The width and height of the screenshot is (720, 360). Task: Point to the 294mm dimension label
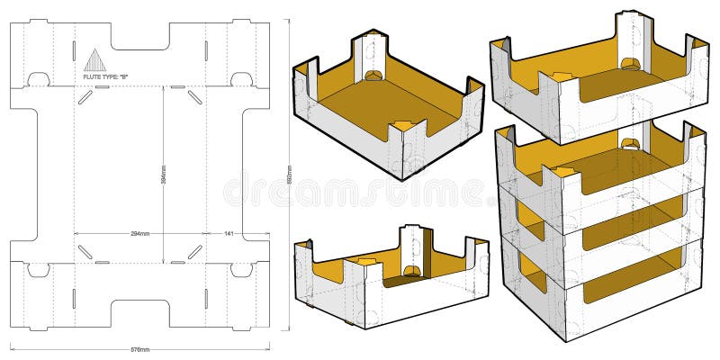pos(139,233)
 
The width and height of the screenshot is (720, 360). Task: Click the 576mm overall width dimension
pos(139,346)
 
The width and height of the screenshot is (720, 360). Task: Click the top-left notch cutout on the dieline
pos(37,79)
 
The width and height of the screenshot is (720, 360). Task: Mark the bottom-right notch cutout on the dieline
pos(241,269)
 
